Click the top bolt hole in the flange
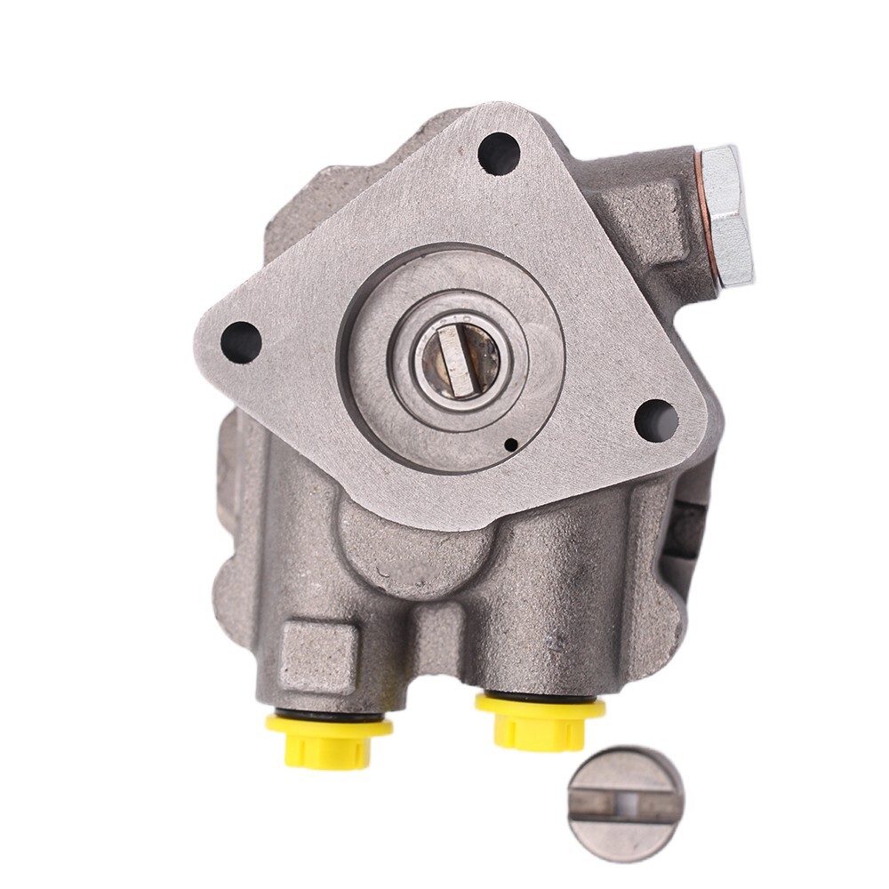(x=498, y=153)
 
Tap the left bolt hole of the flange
(x=240, y=341)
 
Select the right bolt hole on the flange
(x=656, y=420)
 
